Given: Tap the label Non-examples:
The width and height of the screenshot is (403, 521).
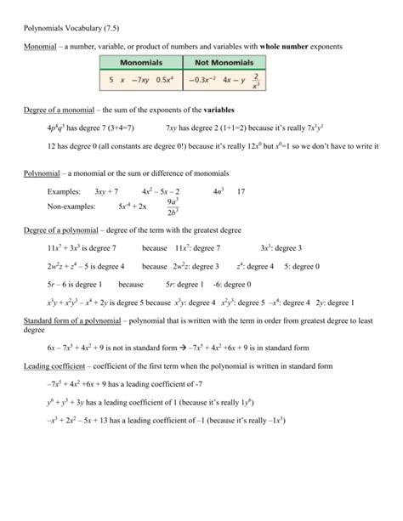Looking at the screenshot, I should pyautogui.click(x=73, y=207).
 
